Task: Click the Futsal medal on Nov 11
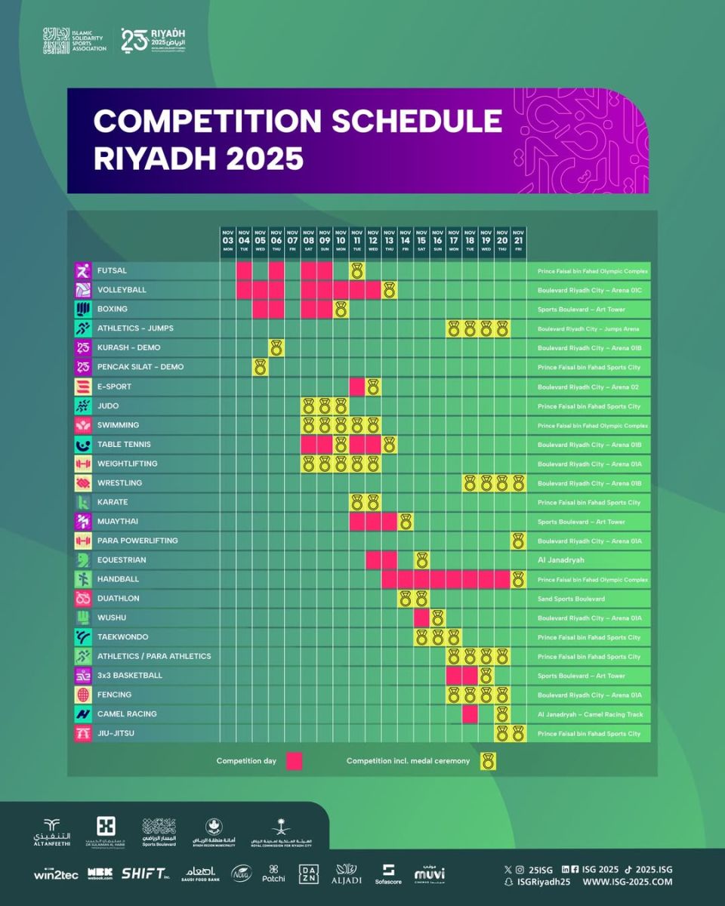pos(357,270)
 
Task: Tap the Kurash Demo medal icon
pos(276,347)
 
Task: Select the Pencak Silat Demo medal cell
pos(261,367)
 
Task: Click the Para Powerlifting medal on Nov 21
pos(518,541)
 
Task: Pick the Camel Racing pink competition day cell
pos(470,713)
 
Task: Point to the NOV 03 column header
pos(228,241)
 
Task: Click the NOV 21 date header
pos(518,241)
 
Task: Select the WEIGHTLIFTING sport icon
pos(83,464)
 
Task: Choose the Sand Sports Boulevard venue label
pos(571,599)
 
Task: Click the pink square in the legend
pos(295,761)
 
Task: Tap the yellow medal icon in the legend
pos(489,761)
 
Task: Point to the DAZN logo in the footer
pos(310,874)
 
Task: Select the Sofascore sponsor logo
pos(389,874)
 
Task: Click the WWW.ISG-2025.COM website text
pos(627,882)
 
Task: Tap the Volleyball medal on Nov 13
pos(389,290)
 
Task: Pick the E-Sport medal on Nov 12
pos(373,387)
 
